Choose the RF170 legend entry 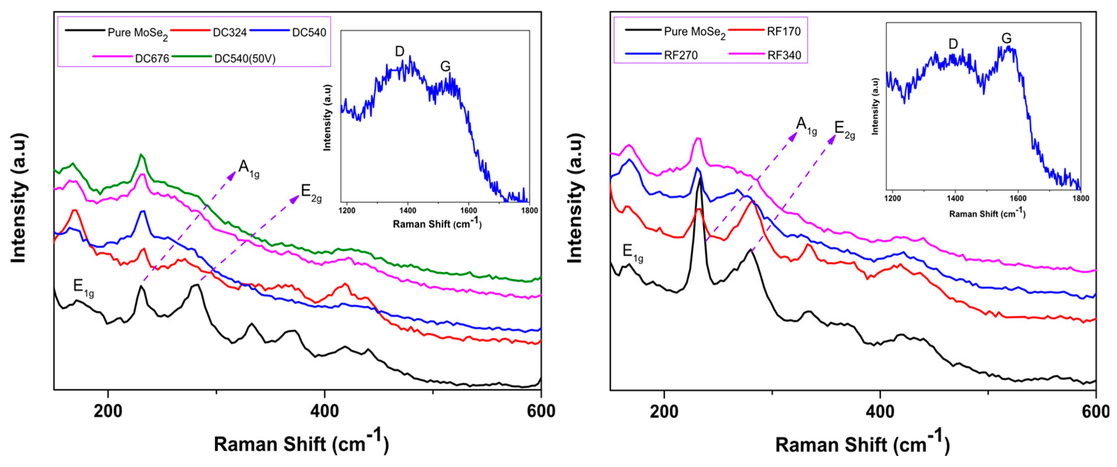click(x=765, y=31)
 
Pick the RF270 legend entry click(x=662, y=55)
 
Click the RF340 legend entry click(x=765, y=55)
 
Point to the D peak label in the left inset click(x=399, y=51)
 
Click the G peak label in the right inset click(x=1006, y=38)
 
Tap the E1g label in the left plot click(x=83, y=288)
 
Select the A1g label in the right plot click(x=807, y=126)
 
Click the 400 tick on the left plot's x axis click(x=325, y=411)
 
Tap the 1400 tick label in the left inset click(x=408, y=211)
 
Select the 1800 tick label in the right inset click(x=1080, y=198)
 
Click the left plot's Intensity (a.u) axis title click(x=18, y=198)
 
